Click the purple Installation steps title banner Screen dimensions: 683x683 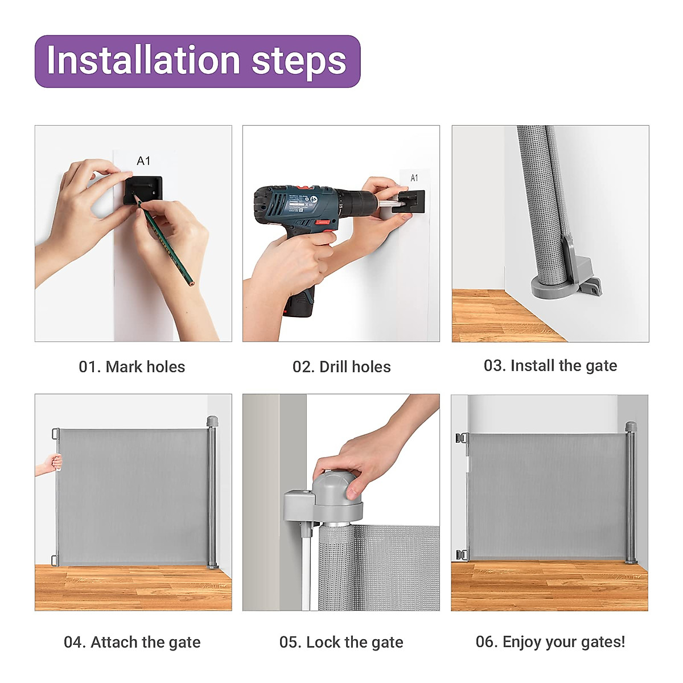(x=198, y=61)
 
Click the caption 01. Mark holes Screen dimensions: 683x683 (x=132, y=367)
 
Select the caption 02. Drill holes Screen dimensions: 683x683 (x=341, y=367)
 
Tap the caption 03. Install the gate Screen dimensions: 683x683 (x=550, y=366)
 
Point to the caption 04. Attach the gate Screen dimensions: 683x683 (x=132, y=642)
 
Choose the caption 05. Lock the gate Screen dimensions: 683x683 (x=341, y=642)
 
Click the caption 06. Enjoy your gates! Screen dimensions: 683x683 (x=550, y=642)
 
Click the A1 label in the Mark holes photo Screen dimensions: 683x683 (x=143, y=161)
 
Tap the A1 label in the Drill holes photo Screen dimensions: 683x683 (x=414, y=178)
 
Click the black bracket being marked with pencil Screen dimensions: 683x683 (x=143, y=191)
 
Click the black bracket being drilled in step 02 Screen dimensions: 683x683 (x=409, y=202)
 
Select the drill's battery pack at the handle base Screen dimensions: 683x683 (x=298, y=302)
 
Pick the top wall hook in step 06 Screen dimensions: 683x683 (x=462, y=438)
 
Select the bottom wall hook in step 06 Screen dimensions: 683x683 (x=462, y=555)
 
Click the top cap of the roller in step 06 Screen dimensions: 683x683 (x=631, y=426)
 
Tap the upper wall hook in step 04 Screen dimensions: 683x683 (x=56, y=434)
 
